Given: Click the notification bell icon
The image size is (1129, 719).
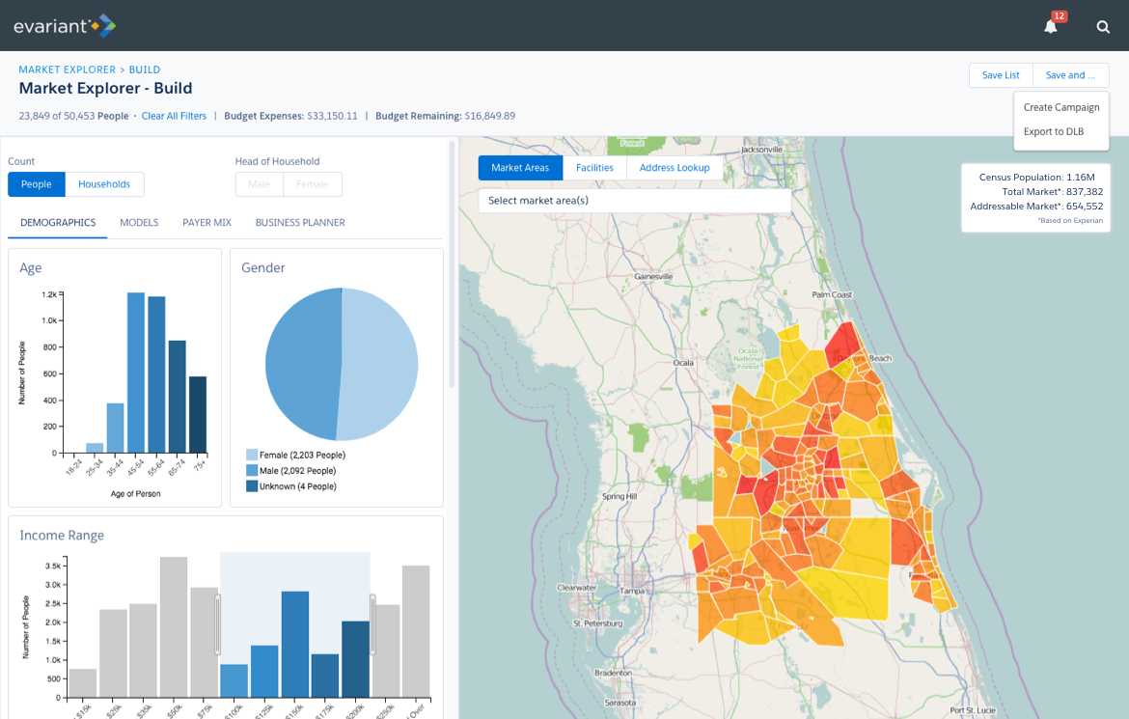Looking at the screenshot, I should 1051,27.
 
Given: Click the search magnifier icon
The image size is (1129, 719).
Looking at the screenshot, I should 1103,27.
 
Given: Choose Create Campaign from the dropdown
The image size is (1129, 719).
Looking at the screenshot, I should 1061,107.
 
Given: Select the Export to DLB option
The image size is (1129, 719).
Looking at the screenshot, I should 1053,131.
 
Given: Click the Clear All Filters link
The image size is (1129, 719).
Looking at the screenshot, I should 174,116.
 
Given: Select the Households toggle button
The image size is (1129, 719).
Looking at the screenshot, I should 104,184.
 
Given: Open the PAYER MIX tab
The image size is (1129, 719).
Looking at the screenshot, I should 207,223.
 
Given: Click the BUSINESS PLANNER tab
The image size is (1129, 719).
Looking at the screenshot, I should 300,223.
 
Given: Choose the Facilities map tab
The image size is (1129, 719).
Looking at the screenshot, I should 594,168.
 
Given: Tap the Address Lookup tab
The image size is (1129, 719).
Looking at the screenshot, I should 674,168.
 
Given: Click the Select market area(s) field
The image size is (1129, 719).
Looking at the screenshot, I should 634,201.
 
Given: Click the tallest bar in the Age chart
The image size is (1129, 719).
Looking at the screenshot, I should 136,373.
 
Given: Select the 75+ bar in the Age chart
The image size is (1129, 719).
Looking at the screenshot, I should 198,414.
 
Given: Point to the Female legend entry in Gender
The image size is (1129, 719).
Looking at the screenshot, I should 301,455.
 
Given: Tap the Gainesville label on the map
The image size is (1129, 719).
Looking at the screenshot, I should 653,277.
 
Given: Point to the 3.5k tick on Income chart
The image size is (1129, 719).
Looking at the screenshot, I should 53,566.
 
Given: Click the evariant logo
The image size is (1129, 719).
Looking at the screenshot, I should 64,26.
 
